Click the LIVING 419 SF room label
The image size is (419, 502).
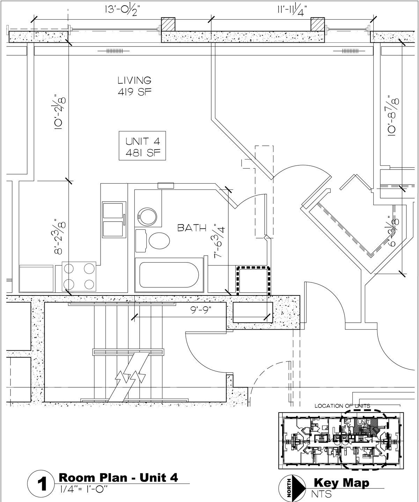[x=134, y=86]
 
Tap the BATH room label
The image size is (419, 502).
[x=192, y=228]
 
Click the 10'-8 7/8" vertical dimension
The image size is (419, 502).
[x=394, y=115]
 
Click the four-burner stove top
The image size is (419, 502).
[x=79, y=276]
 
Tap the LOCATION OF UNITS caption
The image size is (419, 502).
[x=342, y=406]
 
